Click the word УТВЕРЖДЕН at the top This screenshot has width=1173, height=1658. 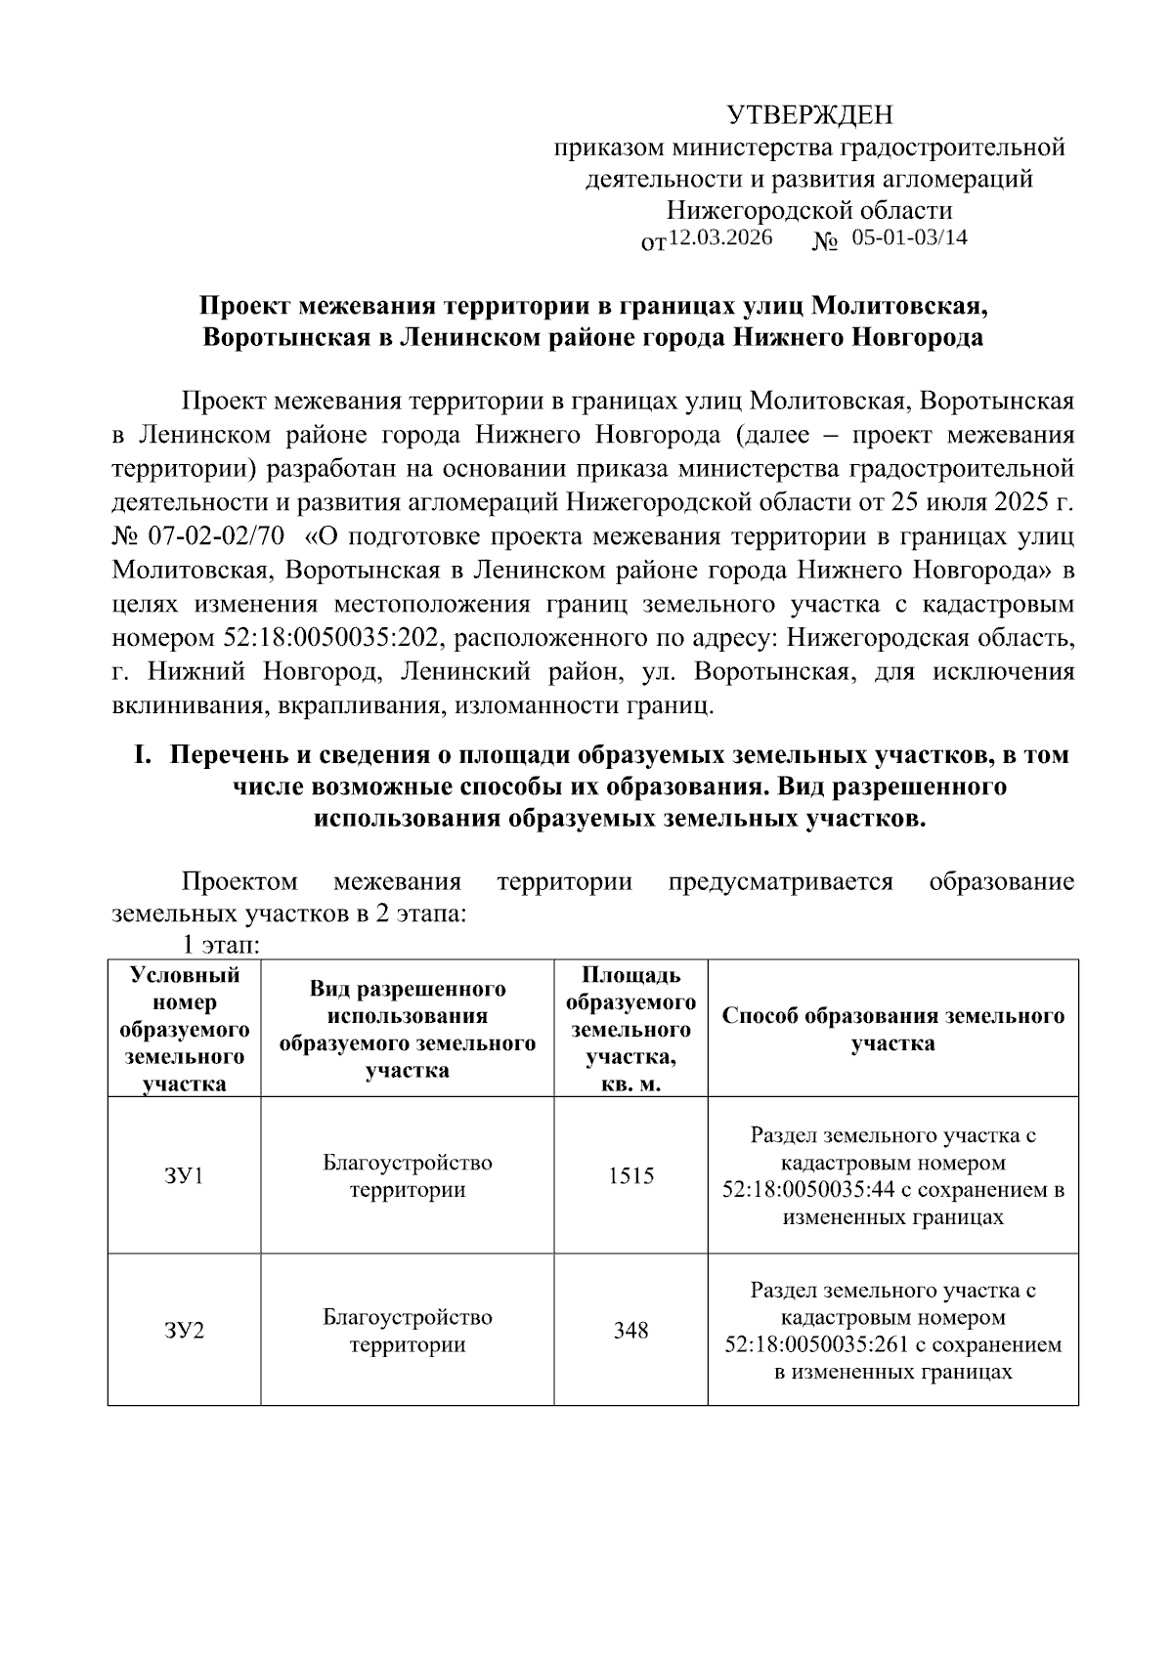pyautogui.click(x=809, y=116)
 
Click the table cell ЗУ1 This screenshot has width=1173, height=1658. pyautogui.click(x=184, y=1175)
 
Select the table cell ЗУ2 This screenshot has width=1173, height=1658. pyautogui.click(x=184, y=1331)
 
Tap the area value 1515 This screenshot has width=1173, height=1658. pyautogui.click(x=630, y=1175)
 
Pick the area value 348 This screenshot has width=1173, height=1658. pyautogui.click(x=630, y=1331)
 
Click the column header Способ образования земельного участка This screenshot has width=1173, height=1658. pyautogui.click(x=892, y=1029)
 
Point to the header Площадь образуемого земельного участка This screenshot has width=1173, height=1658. pyautogui.click(x=630, y=1029)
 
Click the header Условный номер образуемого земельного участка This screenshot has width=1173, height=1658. pyautogui.click(x=184, y=1029)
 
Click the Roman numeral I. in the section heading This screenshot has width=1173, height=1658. pyautogui.click(x=144, y=755)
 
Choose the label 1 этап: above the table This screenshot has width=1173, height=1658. pyautogui.click(x=220, y=945)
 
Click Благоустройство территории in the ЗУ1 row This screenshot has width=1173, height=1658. pyautogui.click(x=407, y=1175)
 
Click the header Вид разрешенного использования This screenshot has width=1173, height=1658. pyautogui.click(x=407, y=1029)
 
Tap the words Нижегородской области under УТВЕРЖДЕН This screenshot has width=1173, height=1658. pyautogui.click(x=809, y=210)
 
